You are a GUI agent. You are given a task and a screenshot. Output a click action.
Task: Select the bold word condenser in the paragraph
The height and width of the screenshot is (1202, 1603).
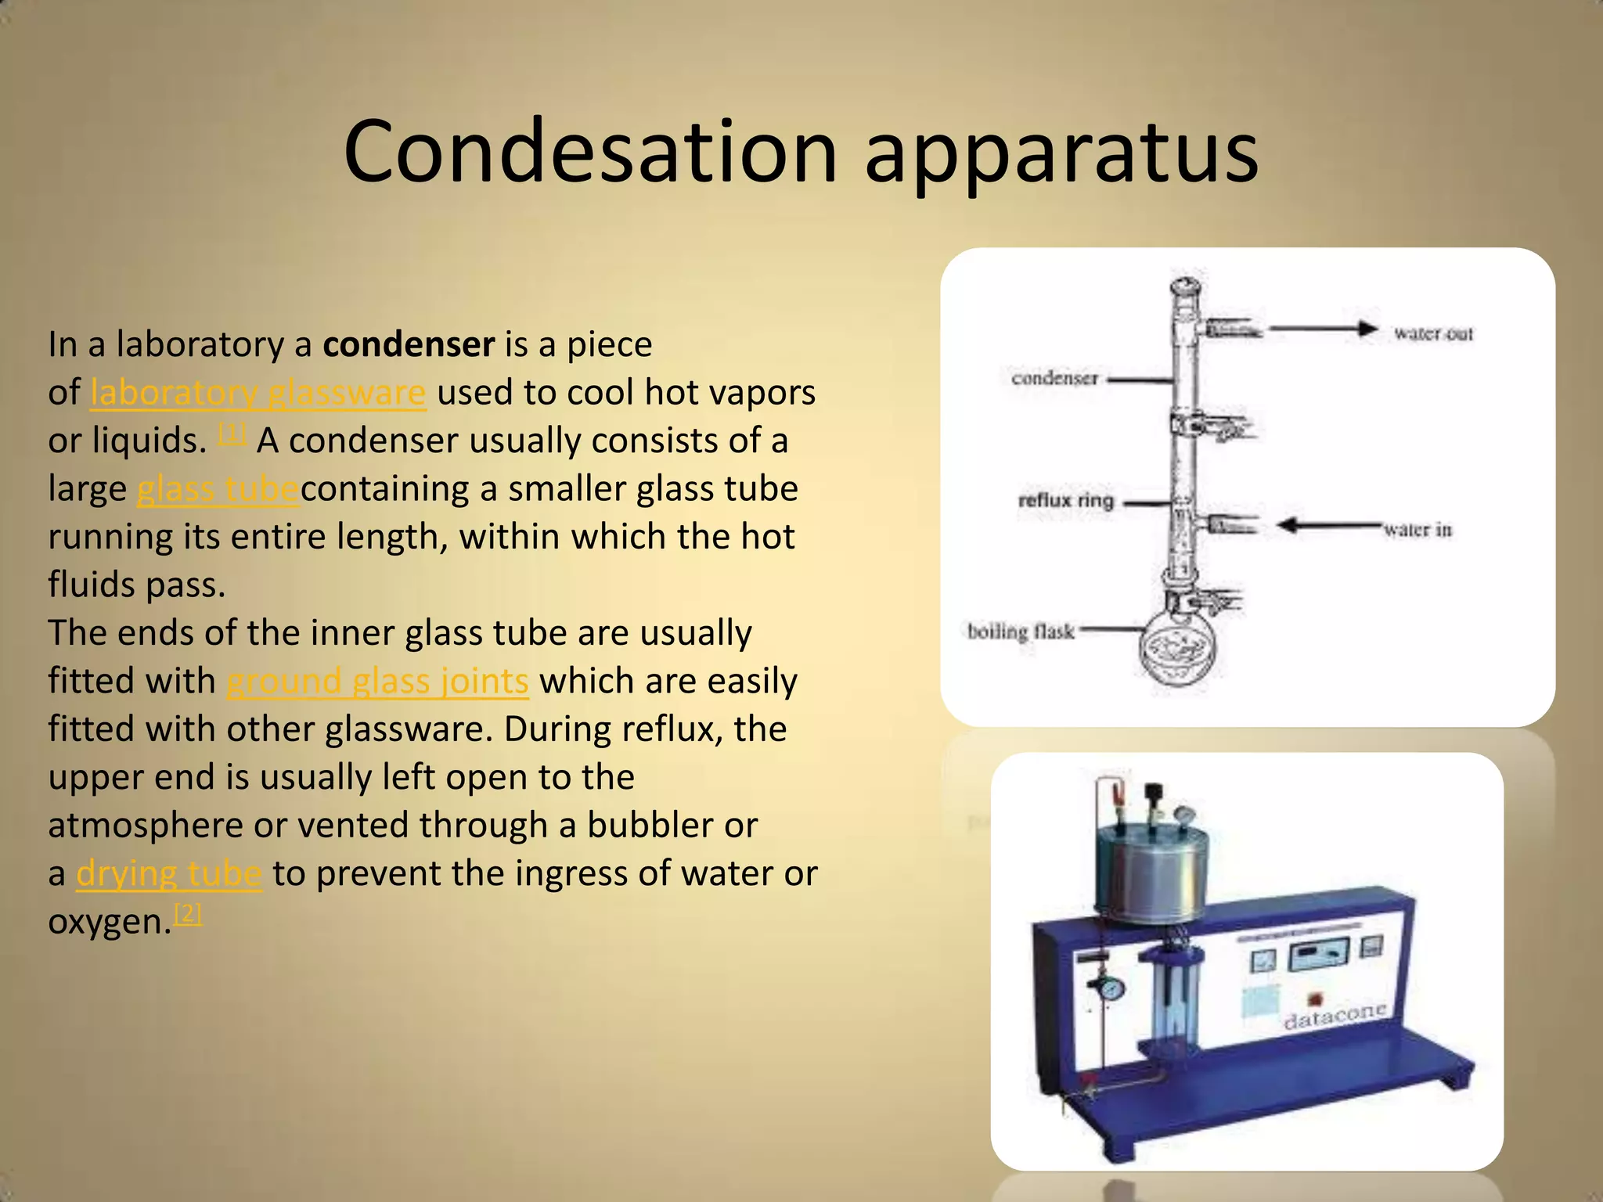point(409,344)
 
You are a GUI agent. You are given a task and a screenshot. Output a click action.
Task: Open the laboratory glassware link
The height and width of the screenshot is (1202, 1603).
point(258,393)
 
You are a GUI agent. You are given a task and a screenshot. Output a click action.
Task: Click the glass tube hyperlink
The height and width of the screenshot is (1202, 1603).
point(218,489)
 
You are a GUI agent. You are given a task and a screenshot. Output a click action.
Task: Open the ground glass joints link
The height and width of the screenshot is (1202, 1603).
point(377,682)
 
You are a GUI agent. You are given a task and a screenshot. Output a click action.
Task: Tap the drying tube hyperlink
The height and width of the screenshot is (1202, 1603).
point(168,874)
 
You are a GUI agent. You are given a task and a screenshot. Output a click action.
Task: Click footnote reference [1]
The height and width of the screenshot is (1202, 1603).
point(232,433)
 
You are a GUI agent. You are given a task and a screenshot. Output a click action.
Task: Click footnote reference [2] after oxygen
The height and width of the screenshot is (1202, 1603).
point(188,913)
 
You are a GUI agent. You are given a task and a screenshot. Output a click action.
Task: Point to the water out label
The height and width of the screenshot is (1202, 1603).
point(1432,334)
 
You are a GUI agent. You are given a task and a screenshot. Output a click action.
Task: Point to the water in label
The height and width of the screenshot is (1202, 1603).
point(1417,530)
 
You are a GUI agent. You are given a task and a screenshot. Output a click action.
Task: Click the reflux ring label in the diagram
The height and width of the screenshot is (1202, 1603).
point(1065,500)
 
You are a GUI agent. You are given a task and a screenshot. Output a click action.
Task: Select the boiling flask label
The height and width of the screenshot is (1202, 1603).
point(1020,631)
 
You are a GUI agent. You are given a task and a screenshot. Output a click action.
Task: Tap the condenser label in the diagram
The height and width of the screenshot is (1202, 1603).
point(1054,379)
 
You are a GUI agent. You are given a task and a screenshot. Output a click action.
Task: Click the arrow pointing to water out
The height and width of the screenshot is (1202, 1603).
point(1323,329)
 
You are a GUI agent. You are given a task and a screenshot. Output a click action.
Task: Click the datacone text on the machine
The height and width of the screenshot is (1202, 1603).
point(1335,1015)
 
